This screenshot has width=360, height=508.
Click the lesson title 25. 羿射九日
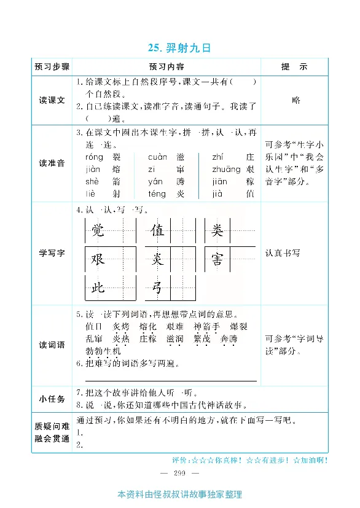(179, 48)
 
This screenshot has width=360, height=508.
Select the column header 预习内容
(166, 66)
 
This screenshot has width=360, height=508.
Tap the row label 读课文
(52, 100)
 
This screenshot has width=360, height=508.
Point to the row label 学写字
(52, 253)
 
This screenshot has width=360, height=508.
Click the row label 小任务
(52, 399)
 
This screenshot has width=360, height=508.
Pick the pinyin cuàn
(158, 158)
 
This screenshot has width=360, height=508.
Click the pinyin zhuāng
(226, 170)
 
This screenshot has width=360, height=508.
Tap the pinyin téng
(157, 193)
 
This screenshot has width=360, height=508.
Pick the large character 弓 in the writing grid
(158, 287)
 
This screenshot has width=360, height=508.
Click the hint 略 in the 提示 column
(296, 100)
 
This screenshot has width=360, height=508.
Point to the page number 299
(179, 472)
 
